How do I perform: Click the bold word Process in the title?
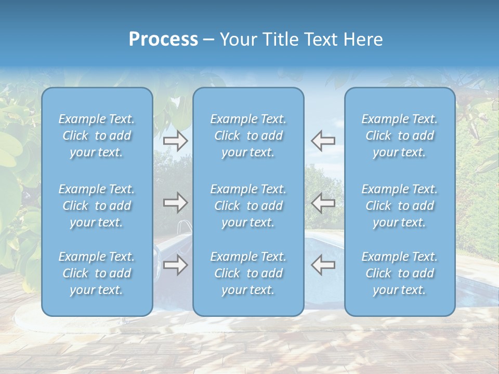click(163, 39)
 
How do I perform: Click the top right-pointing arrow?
click(175, 140)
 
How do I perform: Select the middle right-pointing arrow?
click(175, 203)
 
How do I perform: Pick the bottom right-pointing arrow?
click(175, 265)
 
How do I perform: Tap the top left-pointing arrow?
click(323, 140)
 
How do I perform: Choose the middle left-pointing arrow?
click(323, 203)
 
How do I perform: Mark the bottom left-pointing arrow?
click(323, 265)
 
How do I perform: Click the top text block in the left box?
click(97, 136)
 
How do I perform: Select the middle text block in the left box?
click(97, 206)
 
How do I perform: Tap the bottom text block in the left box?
click(97, 273)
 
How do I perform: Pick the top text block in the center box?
click(248, 136)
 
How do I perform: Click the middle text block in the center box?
click(248, 206)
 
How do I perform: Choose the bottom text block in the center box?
click(248, 273)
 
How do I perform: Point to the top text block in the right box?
click(400, 136)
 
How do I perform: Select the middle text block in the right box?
click(400, 206)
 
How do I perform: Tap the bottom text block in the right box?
click(400, 273)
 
